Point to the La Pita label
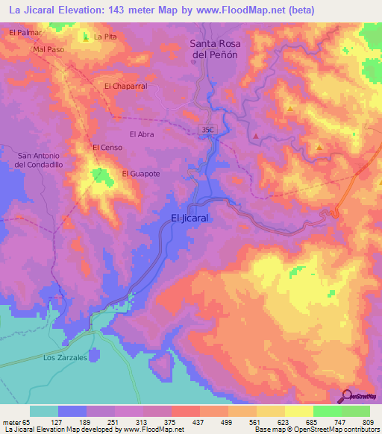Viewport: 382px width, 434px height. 105,36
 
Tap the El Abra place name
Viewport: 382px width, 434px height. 141,134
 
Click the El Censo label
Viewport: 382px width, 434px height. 106,148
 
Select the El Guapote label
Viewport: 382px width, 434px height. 140,174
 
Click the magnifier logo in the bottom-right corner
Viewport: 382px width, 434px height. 348,396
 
